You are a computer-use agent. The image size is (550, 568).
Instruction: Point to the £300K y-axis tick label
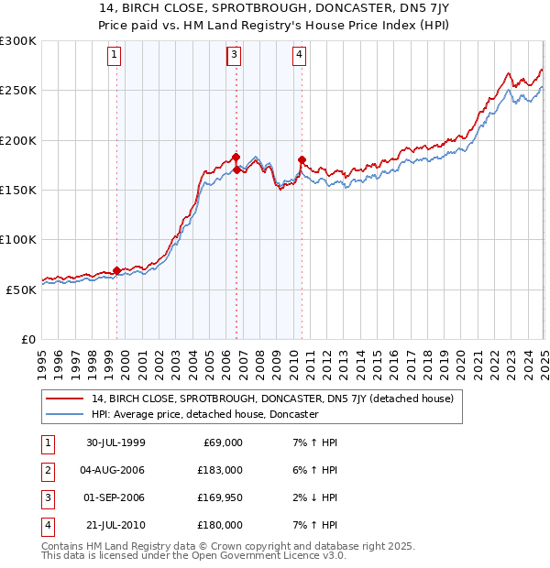click(x=18, y=41)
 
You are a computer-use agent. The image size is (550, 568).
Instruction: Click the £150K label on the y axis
click(x=18, y=190)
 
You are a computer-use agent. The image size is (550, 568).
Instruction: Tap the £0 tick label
click(x=28, y=339)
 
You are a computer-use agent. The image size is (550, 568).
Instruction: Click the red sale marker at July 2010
click(x=302, y=160)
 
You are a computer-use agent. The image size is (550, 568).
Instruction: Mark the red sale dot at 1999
click(x=117, y=270)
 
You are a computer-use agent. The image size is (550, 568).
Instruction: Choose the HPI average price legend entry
click(x=203, y=414)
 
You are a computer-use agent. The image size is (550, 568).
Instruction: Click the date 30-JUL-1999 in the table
click(x=115, y=442)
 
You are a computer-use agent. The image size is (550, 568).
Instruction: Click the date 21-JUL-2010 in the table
click(x=115, y=525)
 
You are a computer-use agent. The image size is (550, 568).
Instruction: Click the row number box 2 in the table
click(x=47, y=470)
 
